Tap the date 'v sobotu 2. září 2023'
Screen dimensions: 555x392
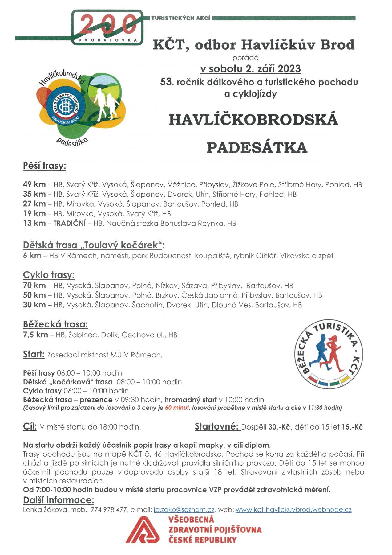250,68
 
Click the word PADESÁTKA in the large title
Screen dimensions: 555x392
257,147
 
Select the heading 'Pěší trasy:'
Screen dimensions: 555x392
44,166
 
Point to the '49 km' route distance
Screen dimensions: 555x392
34,184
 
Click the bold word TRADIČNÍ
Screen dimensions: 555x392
70,223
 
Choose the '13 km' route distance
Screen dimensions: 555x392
34,223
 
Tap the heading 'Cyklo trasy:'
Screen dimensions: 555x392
49,275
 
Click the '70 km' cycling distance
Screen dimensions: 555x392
34,286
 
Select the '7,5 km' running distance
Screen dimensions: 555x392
35,335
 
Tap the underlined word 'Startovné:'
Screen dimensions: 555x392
217,427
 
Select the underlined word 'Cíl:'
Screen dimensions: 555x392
30,427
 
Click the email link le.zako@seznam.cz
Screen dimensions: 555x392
184,510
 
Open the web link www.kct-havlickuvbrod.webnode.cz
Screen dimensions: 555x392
293,510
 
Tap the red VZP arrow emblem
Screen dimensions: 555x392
143,530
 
